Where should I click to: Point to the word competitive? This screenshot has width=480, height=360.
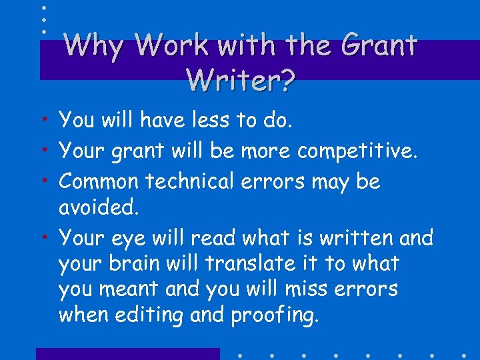[357, 151]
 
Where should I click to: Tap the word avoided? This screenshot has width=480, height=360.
[99, 208]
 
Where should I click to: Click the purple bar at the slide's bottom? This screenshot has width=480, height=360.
[127, 354]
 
